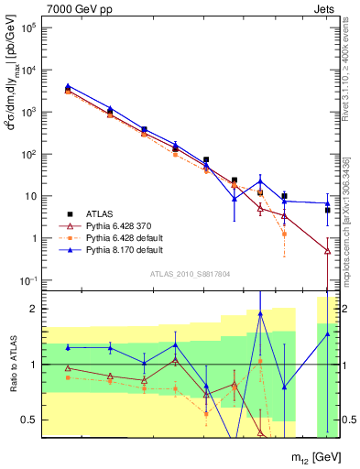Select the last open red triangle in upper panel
(x=327, y=250)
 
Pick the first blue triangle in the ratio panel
(x=68, y=347)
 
